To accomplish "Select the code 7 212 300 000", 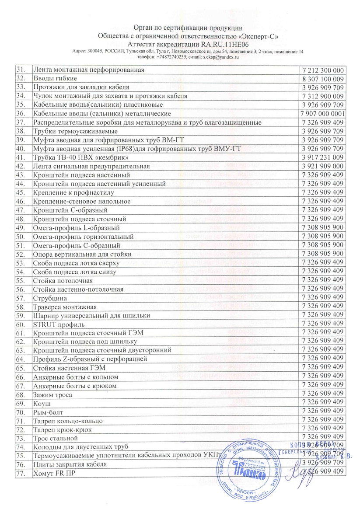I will (x=323, y=70).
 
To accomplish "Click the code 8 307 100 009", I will (x=323, y=79).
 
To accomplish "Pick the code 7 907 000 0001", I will (x=323, y=114).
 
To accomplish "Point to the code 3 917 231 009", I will (x=323, y=157).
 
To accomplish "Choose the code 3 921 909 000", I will (x=323, y=166).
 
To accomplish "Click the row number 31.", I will (x=21, y=70).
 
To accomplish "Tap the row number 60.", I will (x=21, y=324).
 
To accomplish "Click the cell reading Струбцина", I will (x=50, y=298).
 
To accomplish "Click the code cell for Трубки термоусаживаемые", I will (x=323, y=131).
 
